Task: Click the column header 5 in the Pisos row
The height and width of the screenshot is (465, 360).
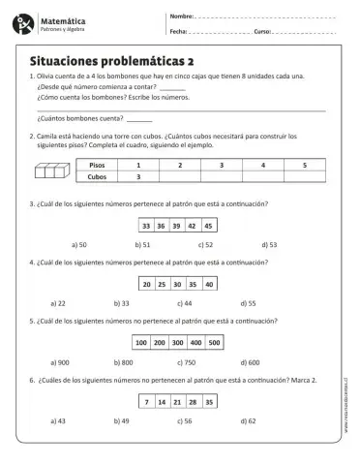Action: tap(304, 166)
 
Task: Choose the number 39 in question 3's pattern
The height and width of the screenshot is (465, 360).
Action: tap(177, 226)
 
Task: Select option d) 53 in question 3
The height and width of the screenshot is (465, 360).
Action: tap(267, 245)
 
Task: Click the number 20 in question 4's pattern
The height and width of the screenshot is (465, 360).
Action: tap(146, 284)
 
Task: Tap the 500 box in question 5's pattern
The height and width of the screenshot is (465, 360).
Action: tap(214, 342)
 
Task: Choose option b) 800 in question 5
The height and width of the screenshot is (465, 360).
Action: tap(147, 361)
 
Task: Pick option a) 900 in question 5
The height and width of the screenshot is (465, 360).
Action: tap(83, 361)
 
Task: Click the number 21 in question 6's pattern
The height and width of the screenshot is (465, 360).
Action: tap(178, 401)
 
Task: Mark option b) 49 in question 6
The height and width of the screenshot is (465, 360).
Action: tap(146, 421)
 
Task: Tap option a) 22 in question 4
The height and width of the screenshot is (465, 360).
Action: tap(82, 303)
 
